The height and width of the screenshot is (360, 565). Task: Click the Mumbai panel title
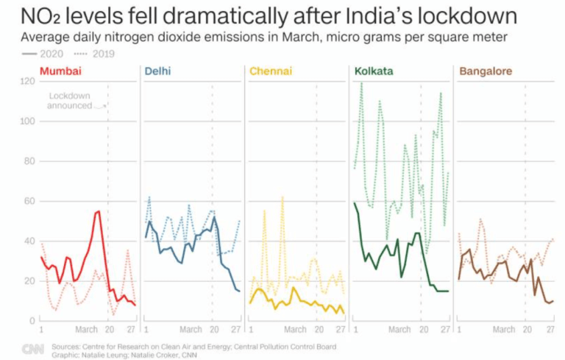coord(60,71)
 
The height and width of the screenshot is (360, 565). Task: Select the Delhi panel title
coord(157,71)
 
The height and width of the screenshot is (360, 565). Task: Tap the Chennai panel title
coord(271,71)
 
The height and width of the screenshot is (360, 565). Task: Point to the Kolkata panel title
coord(374,71)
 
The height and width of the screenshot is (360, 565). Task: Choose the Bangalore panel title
coord(486,71)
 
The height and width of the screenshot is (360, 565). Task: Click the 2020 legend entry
coord(43,54)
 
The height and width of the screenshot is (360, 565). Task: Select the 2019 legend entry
coord(94,54)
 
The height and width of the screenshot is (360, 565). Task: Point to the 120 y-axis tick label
coord(27,81)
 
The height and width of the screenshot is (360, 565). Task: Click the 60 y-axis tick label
coord(29,201)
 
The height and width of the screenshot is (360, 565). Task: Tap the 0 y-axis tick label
coord(32,320)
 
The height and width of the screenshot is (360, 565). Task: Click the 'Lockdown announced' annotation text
coord(70,101)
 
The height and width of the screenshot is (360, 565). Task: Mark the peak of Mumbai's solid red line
coord(99,211)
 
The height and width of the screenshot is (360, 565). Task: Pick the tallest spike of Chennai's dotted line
coord(282,197)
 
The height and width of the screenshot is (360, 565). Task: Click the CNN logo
coord(33,349)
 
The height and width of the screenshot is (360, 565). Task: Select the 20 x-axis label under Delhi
coord(214,329)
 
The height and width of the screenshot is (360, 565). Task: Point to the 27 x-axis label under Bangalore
coord(550,329)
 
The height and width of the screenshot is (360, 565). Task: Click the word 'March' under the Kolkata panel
coord(399,329)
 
